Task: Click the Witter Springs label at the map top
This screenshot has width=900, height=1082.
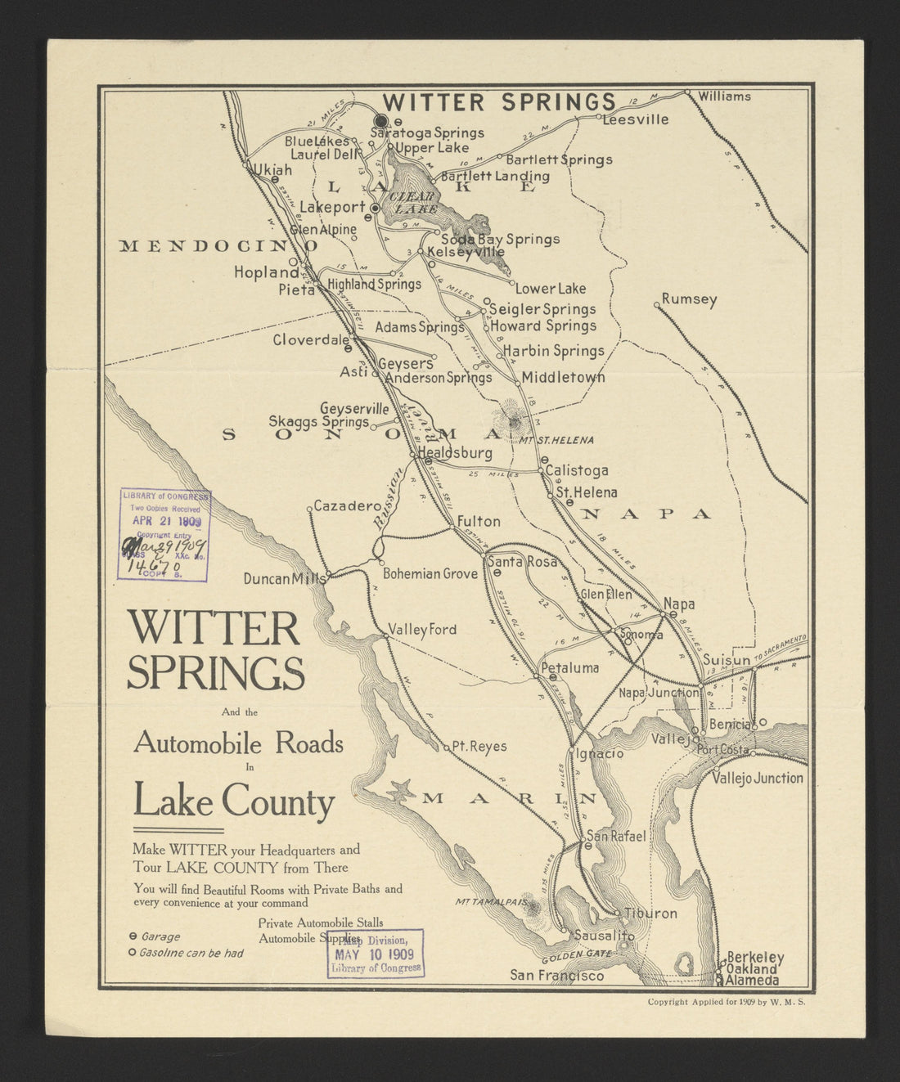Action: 499,102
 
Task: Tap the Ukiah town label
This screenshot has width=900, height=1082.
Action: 272,170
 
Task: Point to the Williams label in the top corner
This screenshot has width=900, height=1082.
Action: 724,97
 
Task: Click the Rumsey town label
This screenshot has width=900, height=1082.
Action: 689,299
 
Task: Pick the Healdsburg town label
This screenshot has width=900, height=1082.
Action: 455,453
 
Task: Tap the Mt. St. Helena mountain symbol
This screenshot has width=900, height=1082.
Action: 514,422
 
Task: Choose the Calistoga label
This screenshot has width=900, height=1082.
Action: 577,470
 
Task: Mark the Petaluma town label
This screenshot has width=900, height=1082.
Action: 570,668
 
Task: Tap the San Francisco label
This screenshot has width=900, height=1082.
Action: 557,975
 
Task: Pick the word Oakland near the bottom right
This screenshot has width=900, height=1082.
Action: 752,969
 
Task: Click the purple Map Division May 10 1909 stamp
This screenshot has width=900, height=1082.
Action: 376,954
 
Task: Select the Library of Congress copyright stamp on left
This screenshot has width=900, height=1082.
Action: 164,535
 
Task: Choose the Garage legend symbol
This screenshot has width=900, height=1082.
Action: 133,936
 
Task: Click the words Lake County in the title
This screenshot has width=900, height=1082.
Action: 235,801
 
